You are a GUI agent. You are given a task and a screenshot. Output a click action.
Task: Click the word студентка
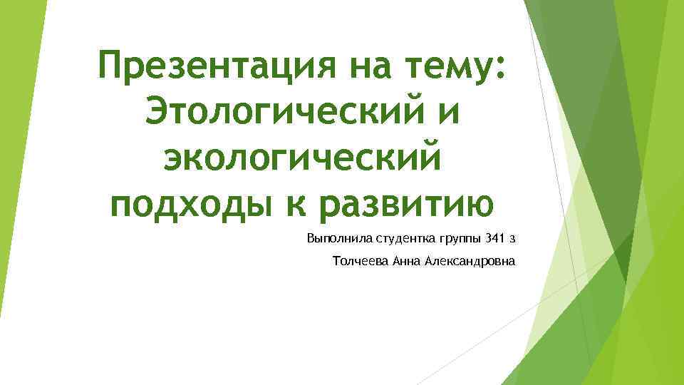click(x=398, y=237)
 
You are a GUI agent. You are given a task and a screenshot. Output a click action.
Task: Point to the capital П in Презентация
click(x=112, y=68)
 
